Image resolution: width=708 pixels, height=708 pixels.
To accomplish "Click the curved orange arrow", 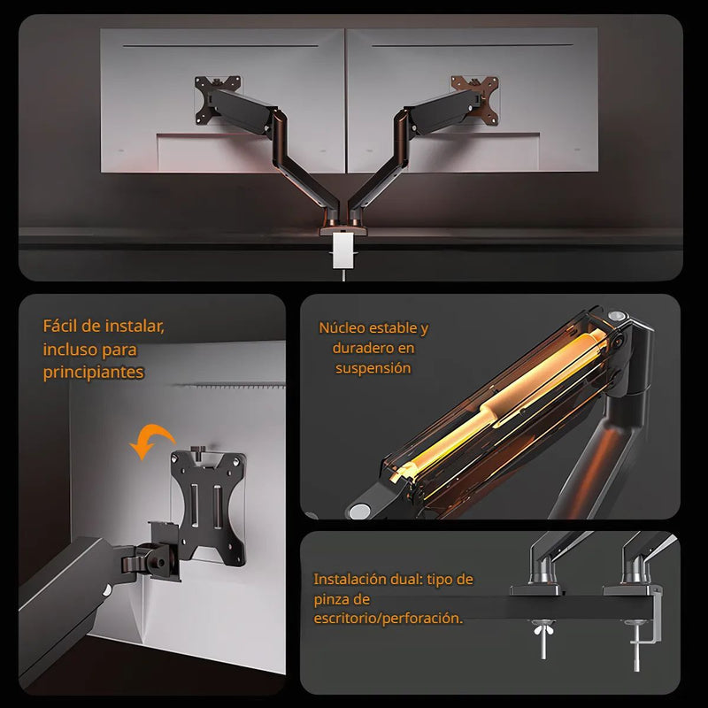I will click(150, 440).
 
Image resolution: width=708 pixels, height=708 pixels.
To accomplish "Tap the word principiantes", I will click(93, 373).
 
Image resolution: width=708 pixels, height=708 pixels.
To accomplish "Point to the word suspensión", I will click(373, 368).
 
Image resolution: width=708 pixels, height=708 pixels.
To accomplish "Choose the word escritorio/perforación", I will click(388, 618).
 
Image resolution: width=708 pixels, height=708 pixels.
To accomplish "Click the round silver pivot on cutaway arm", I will click(360, 512).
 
